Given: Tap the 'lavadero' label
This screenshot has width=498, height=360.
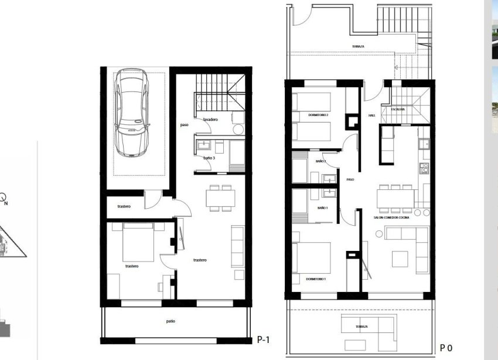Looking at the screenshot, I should click(210, 120).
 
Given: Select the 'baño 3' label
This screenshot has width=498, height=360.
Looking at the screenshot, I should click(210, 158).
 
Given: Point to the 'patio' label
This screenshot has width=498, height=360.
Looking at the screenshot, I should click(170, 321).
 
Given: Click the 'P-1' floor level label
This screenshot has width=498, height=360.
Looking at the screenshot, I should click(264, 339).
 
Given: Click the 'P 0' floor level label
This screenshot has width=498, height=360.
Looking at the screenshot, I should click(446, 348).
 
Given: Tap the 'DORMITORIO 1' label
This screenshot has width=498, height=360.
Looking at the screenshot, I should click(316, 279).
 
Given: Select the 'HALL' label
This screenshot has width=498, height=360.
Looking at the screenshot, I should click(371, 116).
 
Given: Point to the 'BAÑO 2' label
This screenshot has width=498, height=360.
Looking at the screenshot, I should click(320, 161).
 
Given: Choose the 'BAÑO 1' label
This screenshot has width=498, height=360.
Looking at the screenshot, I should click(323, 208).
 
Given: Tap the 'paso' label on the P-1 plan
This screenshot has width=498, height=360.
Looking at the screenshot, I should click(184, 124).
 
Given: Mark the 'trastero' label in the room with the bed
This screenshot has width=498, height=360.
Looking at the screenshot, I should click(132, 266).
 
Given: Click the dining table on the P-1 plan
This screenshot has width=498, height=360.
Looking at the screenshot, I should click(220, 198).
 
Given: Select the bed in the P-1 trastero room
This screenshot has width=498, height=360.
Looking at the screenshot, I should click(138, 243).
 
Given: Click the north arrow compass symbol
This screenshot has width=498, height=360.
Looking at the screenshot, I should click(4, 198).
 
